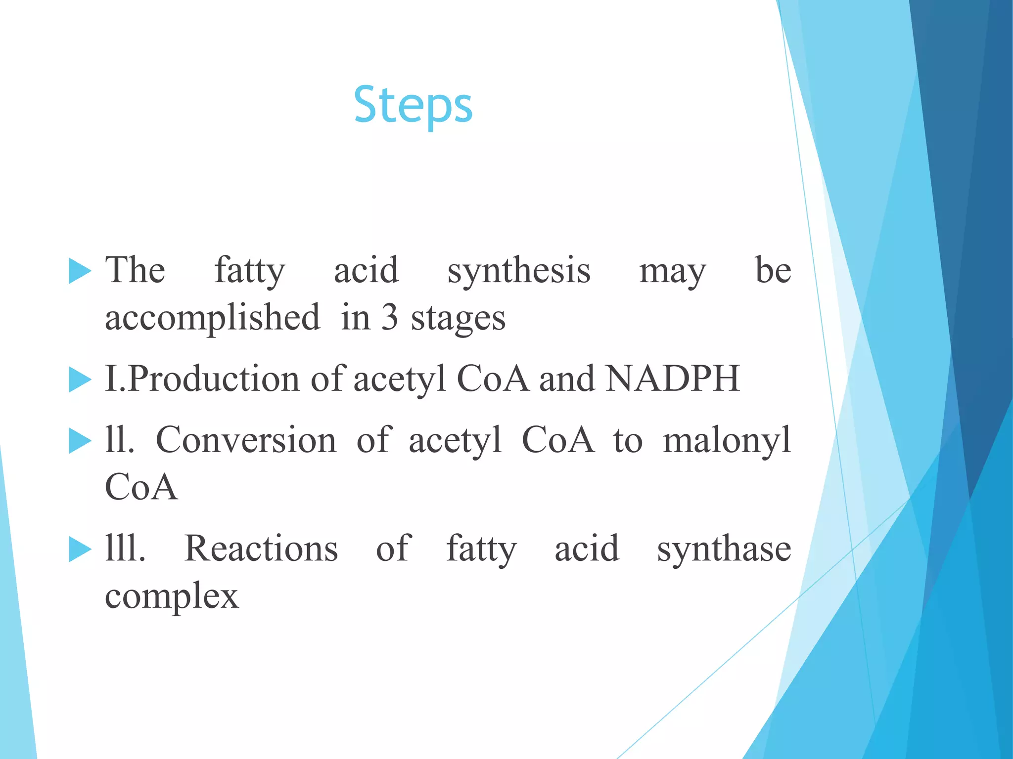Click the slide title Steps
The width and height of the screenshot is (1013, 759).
point(413,106)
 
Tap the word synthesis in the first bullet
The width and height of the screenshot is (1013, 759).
point(519,271)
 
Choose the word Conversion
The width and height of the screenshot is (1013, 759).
point(246,440)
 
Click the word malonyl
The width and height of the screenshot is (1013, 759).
point(727,441)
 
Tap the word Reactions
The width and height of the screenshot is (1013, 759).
point(261,548)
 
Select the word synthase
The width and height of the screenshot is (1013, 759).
point(724,549)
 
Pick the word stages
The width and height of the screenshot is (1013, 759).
point(458,318)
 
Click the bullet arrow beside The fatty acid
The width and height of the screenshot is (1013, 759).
point(80,271)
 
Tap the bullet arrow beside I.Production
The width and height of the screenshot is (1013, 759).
point(80,380)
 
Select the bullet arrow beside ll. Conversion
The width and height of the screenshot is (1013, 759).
point(80,441)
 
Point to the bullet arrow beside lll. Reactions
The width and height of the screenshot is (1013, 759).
point(80,549)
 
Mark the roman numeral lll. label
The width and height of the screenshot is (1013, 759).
point(125,548)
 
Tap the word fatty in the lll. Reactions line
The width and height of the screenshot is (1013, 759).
point(481,549)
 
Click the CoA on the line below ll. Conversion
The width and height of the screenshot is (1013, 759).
point(141,487)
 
